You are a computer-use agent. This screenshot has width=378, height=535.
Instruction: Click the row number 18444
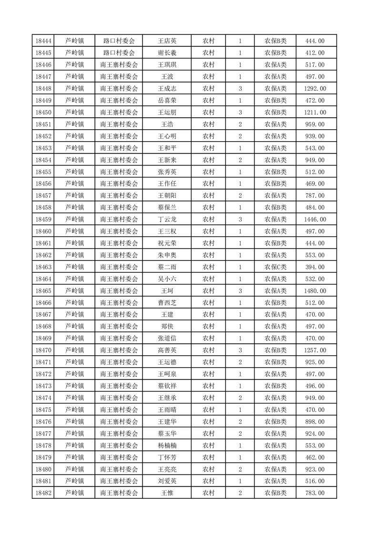click(x=43, y=41)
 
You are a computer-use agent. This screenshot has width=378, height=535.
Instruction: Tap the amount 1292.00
click(x=315, y=89)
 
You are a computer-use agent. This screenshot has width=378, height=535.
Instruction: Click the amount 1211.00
click(x=315, y=113)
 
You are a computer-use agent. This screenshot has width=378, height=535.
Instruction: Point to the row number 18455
click(x=43, y=172)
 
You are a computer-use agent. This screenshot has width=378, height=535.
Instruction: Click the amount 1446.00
click(x=315, y=219)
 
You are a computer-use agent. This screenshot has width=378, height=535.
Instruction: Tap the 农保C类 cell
click(x=276, y=267)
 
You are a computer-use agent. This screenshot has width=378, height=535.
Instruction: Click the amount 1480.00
click(x=315, y=291)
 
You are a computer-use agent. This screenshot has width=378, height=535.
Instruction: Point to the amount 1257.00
click(x=315, y=350)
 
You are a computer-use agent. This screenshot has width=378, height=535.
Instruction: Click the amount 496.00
click(x=315, y=386)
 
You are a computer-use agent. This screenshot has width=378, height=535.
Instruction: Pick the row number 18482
click(x=43, y=493)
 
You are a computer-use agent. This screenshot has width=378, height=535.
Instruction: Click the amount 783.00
click(x=315, y=493)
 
